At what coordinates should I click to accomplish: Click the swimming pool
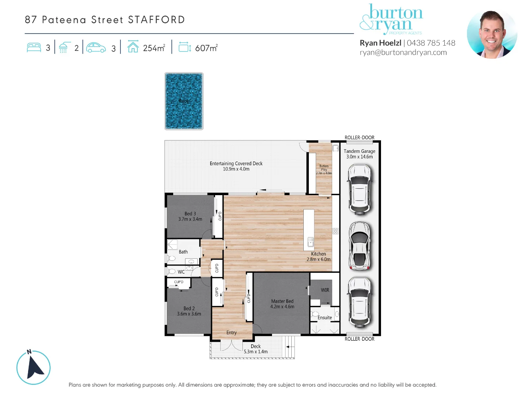[x=184, y=101]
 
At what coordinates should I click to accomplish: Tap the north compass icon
[x=34, y=367]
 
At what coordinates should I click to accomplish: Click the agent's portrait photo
[x=492, y=34]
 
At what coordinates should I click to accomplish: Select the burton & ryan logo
[x=391, y=19]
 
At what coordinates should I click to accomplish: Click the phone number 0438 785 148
[x=431, y=43]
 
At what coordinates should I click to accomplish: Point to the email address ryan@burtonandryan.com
[x=403, y=53]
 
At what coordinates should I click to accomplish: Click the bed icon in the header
[x=34, y=48]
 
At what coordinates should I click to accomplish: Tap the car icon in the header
[x=96, y=48]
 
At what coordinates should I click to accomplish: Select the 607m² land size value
[x=206, y=48]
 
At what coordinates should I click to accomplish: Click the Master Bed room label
[x=282, y=301]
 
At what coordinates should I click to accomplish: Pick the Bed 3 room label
[x=190, y=214]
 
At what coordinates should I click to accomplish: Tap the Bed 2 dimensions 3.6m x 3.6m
[x=189, y=314]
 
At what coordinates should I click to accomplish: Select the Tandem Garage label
[x=359, y=151]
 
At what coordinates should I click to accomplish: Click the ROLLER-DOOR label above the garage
[x=359, y=138]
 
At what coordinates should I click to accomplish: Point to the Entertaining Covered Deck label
[x=236, y=163]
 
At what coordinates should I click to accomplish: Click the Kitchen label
[x=318, y=254]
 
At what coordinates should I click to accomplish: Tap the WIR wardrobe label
[x=325, y=290]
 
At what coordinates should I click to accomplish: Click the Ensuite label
[x=324, y=318]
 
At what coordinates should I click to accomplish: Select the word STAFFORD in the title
[x=156, y=20]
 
